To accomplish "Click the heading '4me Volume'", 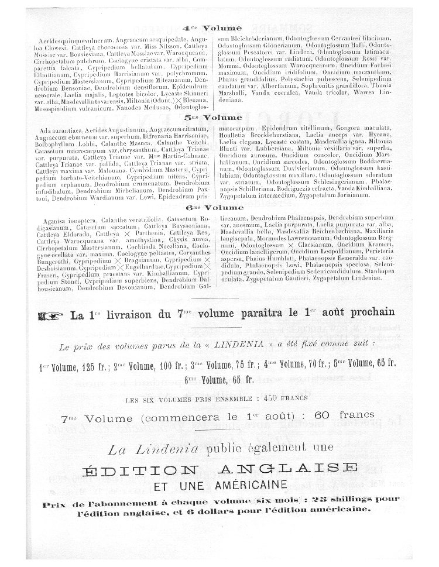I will point(212,28).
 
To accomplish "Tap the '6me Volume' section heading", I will point(212,208).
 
